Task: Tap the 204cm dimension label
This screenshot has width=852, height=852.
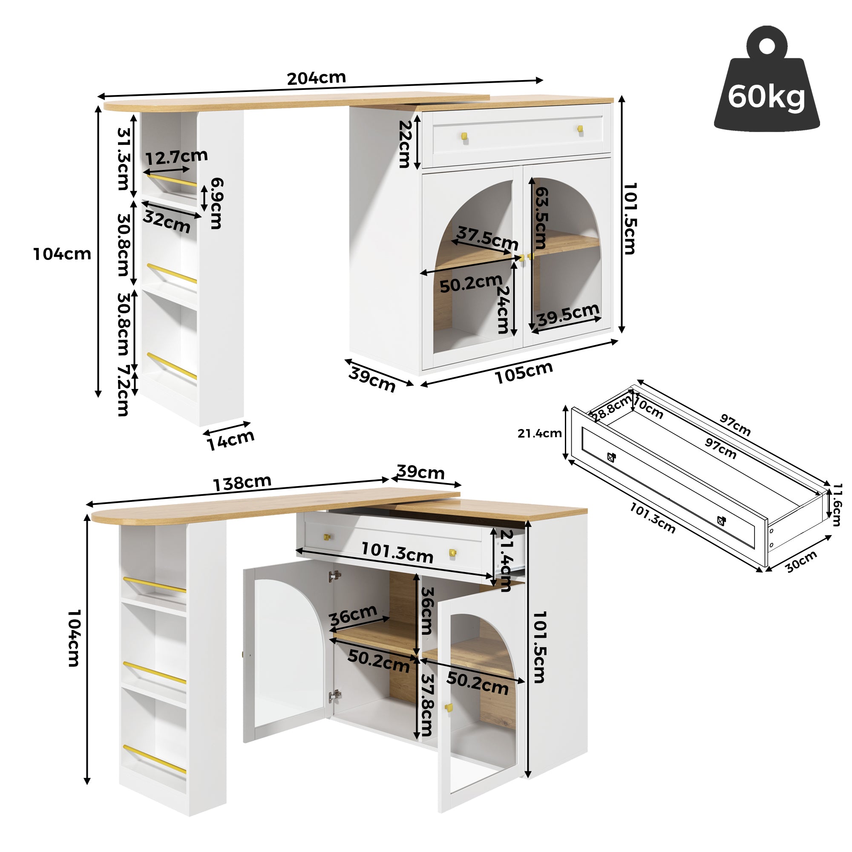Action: coord(316,78)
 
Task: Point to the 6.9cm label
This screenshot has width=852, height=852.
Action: coord(216,203)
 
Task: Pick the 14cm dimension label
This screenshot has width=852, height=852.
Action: coord(230,440)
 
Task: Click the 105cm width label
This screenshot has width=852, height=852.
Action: coord(524,373)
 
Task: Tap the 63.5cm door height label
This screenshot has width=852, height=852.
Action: coord(541,218)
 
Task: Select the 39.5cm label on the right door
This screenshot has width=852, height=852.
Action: coord(568,314)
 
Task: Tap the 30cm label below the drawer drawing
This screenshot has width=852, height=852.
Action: coord(801,561)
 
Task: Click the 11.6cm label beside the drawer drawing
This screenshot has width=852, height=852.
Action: coord(837,504)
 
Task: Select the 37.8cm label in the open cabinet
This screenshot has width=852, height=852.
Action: coord(427,705)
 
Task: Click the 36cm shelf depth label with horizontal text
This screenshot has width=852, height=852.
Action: coord(353,615)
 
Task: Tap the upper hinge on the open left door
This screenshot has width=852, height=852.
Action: coord(334,576)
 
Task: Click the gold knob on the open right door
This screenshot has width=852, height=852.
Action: coord(449,707)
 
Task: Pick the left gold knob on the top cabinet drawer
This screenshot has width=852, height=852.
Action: coord(464,137)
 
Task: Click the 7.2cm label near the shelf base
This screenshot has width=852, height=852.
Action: coord(123,390)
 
